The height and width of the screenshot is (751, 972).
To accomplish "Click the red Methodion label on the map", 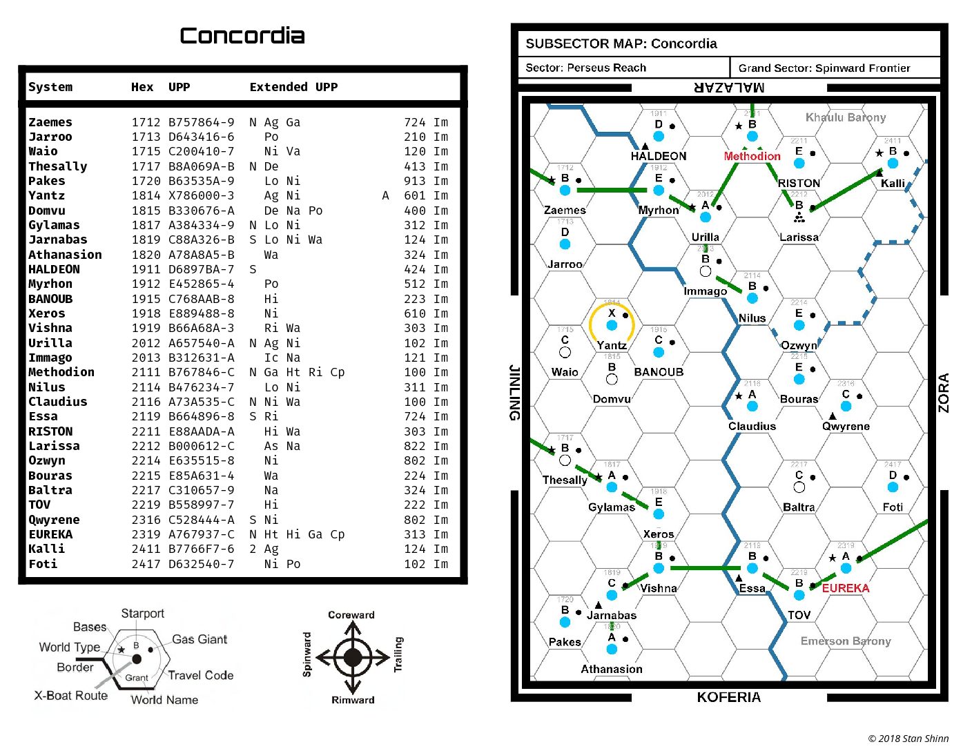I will click(x=752, y=156).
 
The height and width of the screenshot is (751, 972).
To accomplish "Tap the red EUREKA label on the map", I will click(x=845, y=588).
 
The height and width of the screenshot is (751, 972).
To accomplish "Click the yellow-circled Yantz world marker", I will click(x=612, y=324).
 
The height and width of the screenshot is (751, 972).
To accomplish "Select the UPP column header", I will click(x=179, y=87).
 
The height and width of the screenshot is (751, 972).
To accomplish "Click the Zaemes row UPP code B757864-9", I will click(x=201, y=122).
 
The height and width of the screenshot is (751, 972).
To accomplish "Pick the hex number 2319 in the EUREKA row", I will click(x=146, y=534).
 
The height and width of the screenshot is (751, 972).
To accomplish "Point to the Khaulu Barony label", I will click(x=845, y=117).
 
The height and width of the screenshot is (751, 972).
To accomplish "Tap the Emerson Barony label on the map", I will click(x=845, y=641).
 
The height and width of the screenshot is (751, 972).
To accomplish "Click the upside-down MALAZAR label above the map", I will click(x=729, y=88).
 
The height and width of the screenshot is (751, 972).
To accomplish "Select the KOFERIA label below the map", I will click(x=728, y=697).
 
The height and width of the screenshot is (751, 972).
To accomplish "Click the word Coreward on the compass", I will click(x=351, y=615).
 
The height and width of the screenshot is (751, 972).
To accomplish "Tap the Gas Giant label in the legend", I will click(x=200, y=639).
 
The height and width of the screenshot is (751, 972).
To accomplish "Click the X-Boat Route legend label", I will click(x=71, y=695).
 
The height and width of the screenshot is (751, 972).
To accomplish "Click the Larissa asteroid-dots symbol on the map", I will click(x=799, y=217).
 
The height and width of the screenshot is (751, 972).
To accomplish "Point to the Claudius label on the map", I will click(x=752, y=426).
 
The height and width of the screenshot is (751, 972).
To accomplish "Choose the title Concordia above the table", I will click(x=242, y=36).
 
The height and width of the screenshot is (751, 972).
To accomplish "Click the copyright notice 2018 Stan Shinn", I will click(x=908, y=739).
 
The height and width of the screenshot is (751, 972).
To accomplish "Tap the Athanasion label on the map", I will click(x=612, y=669).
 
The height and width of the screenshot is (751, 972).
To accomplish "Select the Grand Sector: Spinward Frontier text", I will click(x=824, y=68).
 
